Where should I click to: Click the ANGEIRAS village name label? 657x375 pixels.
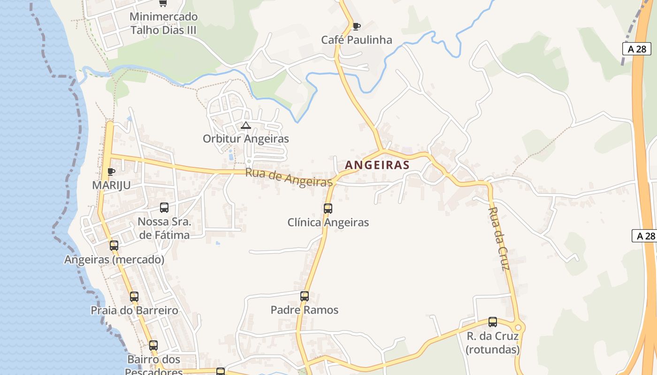[x=377, y=165]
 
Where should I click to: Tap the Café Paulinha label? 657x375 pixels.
[x=357, y=40]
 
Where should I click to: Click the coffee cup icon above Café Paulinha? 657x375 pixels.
[x=356, y=26]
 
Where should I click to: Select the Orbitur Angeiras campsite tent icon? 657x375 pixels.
[x=245, y=125]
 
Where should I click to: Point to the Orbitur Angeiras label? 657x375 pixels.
[x=245, y=139]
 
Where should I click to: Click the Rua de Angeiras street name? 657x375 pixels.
[x=289, y=178]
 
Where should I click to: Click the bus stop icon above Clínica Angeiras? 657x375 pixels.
[x=328, y=208]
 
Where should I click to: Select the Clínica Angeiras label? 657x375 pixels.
[x=328, y=222]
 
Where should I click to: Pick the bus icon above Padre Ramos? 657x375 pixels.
[x=305, y=296]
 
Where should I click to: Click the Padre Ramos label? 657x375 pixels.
[x=305, y=310]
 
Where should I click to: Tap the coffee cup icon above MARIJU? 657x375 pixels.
[x=111, y=172]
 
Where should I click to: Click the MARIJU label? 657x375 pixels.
[x=111, y=185]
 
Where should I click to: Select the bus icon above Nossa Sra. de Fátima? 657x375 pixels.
[x=164, y=207]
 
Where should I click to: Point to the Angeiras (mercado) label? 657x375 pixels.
[x=114, y=259]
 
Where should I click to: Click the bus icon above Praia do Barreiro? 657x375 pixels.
[x=134, y=296]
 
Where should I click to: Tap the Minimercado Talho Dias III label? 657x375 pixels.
[x=163, y=23]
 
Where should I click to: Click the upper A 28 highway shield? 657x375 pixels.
[x=637, y=49]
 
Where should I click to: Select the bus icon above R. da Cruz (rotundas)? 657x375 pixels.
[x=493, y=322]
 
